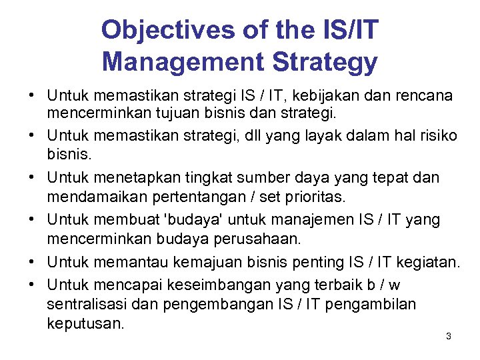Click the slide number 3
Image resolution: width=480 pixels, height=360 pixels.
pyautogui.click(x=448, y=337)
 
